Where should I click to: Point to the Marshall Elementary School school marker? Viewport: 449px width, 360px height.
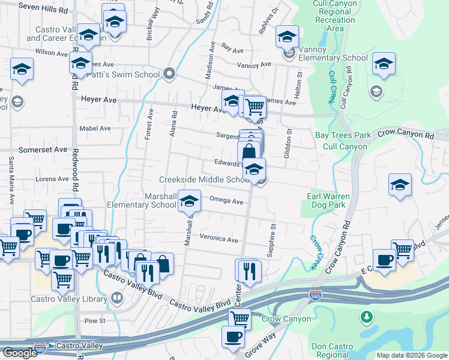190,201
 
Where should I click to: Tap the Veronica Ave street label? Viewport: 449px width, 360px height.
219,239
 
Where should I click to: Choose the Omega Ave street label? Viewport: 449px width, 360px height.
226,201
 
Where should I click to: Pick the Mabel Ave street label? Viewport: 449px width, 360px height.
95,128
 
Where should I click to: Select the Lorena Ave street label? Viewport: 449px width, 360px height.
52,179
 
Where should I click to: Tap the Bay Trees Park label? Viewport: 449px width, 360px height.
343,136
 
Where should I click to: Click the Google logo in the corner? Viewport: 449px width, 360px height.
20,353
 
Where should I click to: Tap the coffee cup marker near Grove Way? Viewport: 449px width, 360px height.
233,337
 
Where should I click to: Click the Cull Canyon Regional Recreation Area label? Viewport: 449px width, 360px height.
336,16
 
